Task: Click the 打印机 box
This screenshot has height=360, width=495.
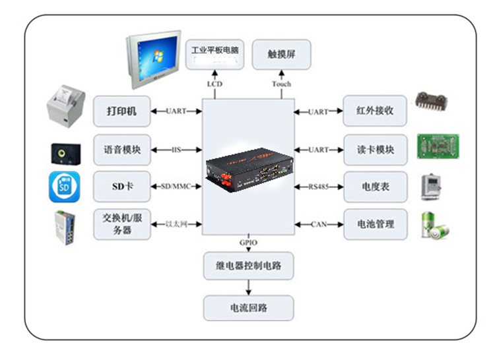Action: coord(122,111)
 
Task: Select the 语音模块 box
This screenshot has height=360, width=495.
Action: coord(122,150)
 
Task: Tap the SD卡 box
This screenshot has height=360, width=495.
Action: coord(122,187)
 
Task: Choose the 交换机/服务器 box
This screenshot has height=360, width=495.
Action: coord(122,224)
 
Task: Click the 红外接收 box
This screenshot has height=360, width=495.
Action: coord(375,111)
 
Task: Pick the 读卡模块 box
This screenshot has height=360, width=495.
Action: coord(375,150)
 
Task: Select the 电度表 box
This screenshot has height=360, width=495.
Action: coord(375,187)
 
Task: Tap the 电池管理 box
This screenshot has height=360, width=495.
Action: coord(375,224)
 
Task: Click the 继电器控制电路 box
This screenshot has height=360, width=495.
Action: coord(248,266)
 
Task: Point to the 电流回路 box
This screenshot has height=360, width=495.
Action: coord(248,307)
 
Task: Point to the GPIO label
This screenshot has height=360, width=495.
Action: coord(248,243)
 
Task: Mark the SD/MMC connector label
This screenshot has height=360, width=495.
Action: coord(176,187)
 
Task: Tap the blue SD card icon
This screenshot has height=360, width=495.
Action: coord(65,187)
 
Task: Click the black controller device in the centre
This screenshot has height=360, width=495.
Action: coord(248,167)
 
